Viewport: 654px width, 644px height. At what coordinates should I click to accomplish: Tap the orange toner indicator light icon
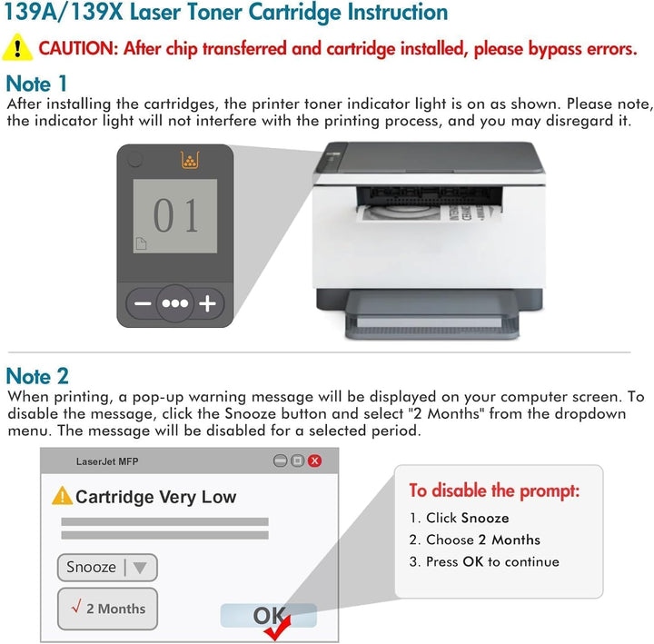(x=190, y=161)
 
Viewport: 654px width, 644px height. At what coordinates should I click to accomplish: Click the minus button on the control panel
(x=141, y=303)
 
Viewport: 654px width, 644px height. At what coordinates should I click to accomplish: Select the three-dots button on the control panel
(x=174, y=303)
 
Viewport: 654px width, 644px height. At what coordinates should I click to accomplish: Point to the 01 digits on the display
(x=175, y=216)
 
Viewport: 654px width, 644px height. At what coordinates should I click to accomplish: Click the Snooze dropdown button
(x=106, y=568)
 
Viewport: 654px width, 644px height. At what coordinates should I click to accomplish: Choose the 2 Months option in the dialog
(x=106, y=609)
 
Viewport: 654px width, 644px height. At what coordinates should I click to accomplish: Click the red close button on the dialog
(x=314, y=461)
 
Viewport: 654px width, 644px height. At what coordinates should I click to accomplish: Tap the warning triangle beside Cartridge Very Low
(x=62, y=496)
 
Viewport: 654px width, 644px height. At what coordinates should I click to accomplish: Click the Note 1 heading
(x=36, y=84)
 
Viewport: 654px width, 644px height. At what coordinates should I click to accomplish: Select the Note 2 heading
(x=37, y=376)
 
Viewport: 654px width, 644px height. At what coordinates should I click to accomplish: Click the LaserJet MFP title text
(x=106, y=461)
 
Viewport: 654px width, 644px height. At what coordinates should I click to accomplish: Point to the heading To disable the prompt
(x=493, y=491)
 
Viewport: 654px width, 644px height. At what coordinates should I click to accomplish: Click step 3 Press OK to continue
(x=483, y=561)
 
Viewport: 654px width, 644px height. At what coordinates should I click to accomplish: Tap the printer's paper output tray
(x=427, y=319)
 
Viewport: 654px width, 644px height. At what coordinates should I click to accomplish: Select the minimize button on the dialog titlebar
(x=281, y=461)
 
